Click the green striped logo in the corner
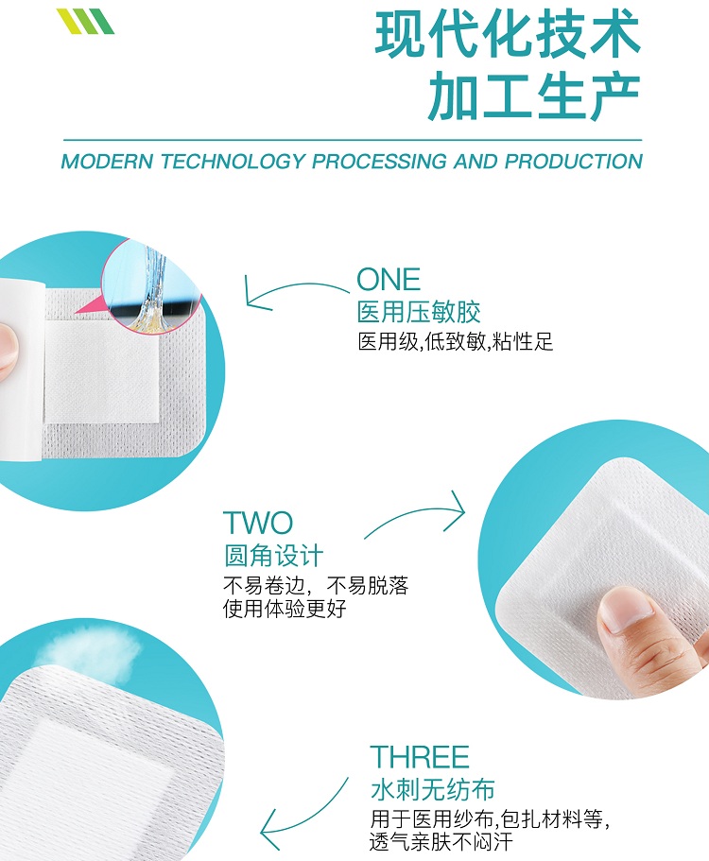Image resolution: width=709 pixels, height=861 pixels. point(85,21)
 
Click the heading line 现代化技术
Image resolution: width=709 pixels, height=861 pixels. point(508,35)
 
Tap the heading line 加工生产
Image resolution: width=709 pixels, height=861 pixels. point(534,96)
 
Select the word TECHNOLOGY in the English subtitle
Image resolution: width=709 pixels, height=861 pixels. point(233,162)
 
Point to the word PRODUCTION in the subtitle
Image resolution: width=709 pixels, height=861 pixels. point(574,162)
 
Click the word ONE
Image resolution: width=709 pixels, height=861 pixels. point(389,280)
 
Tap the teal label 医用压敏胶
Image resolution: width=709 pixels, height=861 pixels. point(419,312)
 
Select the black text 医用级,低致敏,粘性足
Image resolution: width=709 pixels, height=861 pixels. point(456,341)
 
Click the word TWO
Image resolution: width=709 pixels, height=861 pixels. point(258,523)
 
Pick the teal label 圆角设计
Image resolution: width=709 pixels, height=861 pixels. point(273,556)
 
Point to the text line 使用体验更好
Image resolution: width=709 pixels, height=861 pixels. point(285,609)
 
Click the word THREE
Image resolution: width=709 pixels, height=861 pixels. point(420,757)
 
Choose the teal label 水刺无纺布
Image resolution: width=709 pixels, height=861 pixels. point(433,789)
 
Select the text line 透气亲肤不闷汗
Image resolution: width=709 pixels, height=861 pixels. point(441,841)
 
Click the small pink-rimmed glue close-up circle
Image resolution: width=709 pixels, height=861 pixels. point(151,285)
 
